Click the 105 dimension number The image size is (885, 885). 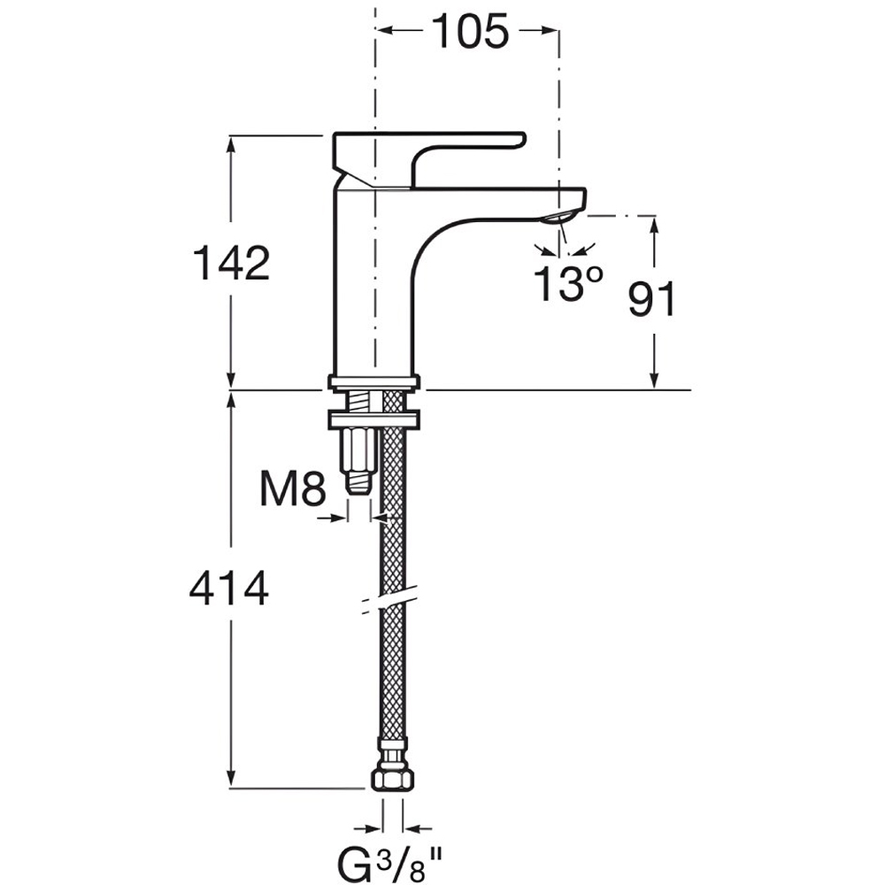click(470, 32)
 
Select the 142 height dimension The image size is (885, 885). click(231, 263)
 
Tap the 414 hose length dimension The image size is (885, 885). click(229, 589)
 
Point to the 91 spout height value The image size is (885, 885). click(652, 299)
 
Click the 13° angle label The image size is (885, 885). click(568, 284)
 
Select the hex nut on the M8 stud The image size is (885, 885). click(359, 450)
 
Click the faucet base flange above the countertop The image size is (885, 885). click(374, 383)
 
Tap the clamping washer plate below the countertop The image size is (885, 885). click(374, 419)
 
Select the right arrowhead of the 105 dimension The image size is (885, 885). click(550, 30)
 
